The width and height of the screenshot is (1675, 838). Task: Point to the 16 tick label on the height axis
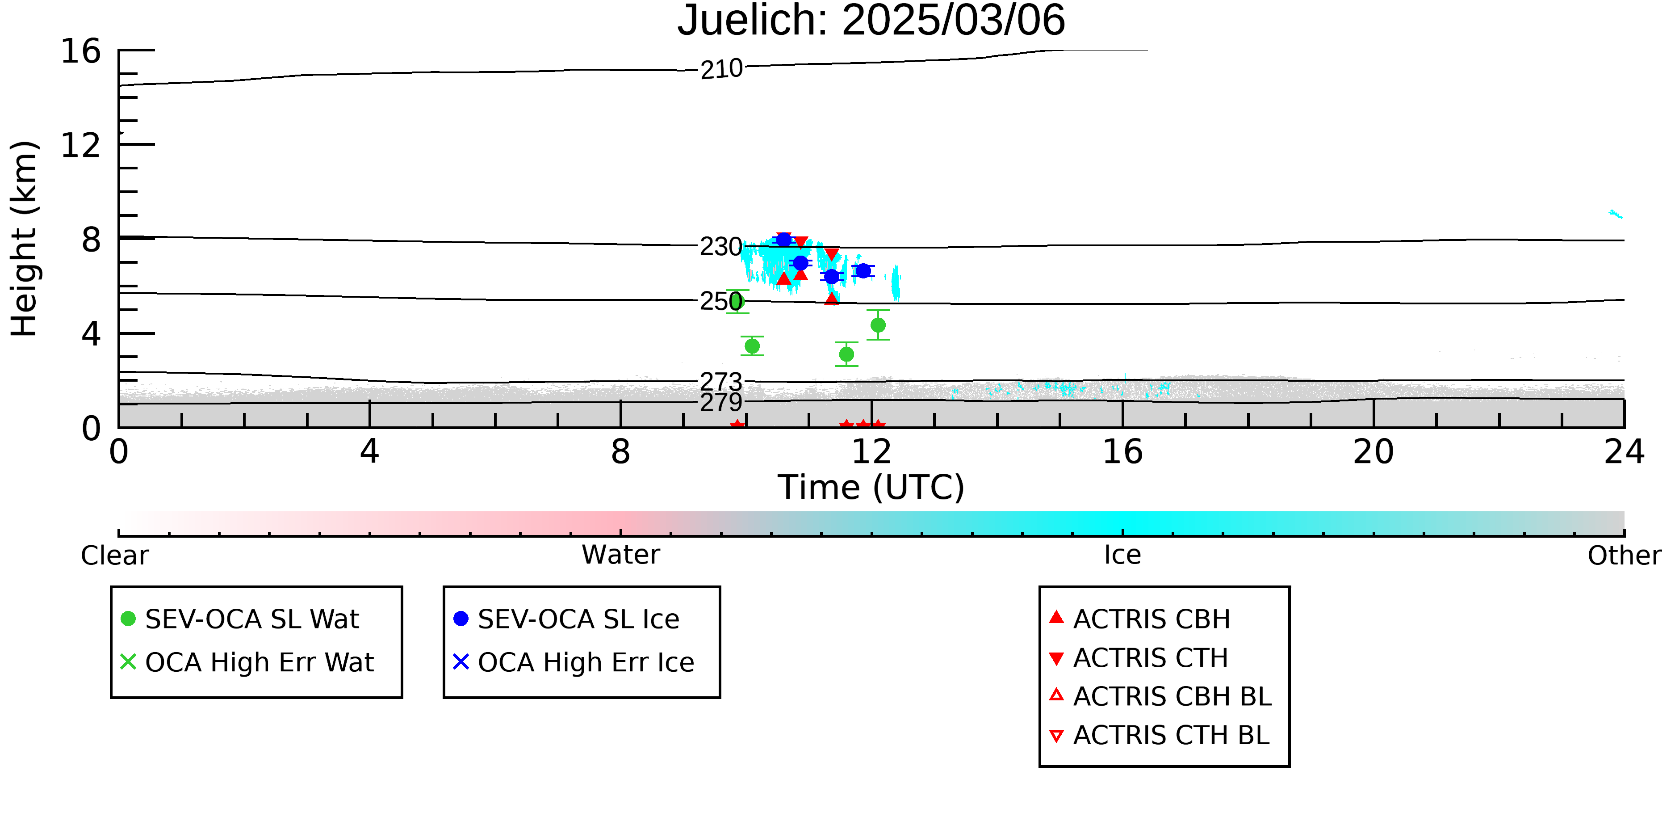tap(81, 51)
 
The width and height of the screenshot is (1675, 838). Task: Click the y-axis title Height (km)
tap(25, 239)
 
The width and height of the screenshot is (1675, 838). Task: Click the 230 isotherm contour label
tap(720, 247)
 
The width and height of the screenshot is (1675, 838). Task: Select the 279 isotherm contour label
tap(720, 402)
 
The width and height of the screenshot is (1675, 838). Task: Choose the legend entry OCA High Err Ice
tap(574, 662)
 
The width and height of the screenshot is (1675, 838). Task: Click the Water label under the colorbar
tap(621, 555)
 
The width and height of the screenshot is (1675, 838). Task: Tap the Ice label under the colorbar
tap(1122, 555)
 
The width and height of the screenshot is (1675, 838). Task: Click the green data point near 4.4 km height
tap(878, 324)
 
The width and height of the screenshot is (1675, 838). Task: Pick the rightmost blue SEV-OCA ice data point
tap(863, 271)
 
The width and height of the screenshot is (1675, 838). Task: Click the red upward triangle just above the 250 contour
tap(832, 299)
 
